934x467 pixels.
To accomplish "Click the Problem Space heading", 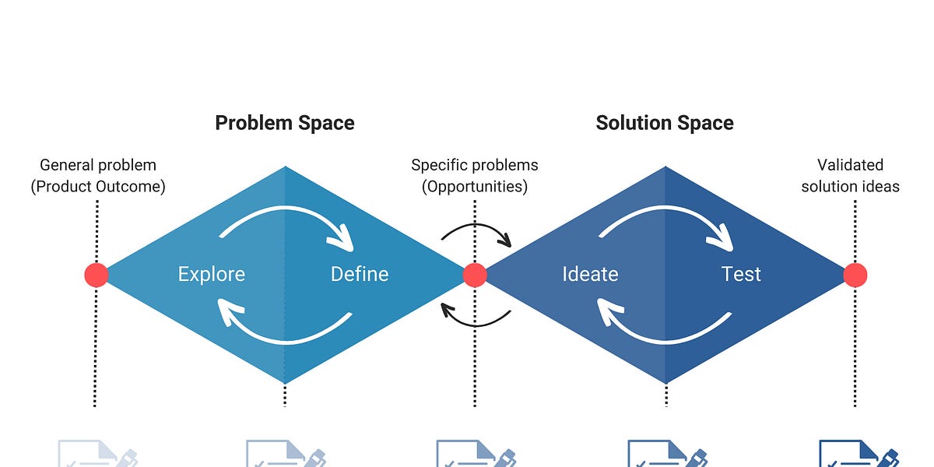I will pos(284,123).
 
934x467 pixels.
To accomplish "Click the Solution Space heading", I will pos(665,123).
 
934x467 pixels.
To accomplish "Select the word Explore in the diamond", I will pos(211,274).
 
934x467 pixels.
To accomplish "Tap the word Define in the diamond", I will pos(360,274).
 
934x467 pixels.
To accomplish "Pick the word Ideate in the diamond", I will pos(590,274).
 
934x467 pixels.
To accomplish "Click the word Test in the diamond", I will pos(741,274).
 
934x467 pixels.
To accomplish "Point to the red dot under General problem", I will pos(97,275).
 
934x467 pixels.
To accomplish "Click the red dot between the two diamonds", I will pos(475,275).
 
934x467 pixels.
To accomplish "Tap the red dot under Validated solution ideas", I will pos(855,275).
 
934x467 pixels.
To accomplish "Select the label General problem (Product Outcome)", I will pos(98,176).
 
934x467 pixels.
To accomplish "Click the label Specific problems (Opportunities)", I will pos(475,176).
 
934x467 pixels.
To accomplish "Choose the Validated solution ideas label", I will pos(850,176).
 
